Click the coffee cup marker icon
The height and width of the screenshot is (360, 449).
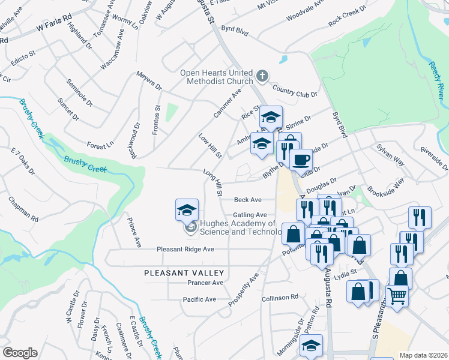[301, 160]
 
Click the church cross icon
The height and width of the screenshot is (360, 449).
[262, 76]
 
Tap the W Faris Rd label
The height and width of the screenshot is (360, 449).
[53, 24]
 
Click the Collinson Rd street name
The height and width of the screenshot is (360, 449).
[280, 298]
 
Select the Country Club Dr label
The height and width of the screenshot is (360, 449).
[294, 92]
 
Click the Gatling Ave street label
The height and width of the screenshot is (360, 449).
[250, 215]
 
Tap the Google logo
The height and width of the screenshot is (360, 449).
[20, 353]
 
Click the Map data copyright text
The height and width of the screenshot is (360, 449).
[424, 355]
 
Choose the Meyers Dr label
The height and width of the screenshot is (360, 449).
[149, 82]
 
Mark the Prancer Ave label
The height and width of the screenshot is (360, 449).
[205, 283]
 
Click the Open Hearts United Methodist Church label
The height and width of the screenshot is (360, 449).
[217, 77]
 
